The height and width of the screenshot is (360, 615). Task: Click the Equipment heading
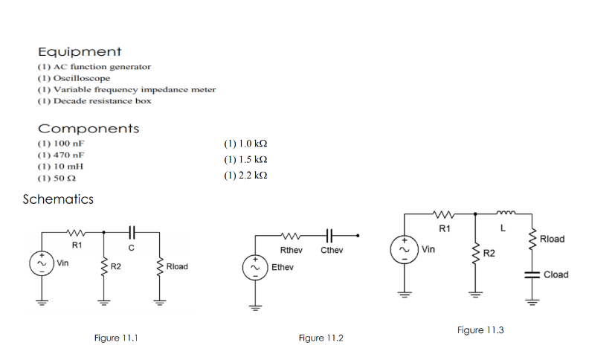tap(80, 52)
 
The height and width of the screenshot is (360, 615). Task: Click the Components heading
tap(88, 129)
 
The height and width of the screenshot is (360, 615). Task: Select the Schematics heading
tap(58, 199)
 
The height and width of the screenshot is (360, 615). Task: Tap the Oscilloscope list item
tap(74, 78)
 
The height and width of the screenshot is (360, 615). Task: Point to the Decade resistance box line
tap(94, 100)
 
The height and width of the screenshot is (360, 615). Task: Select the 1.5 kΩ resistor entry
tap(245, 160)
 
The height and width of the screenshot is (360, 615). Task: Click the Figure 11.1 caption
tap(116, 338)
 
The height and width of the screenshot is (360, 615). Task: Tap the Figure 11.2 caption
tap(321, 338)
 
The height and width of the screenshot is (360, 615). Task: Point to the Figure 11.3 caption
tap(480, 330)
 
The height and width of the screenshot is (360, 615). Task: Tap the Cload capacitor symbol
tap(531, 274)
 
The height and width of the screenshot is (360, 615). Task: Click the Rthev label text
tap(291, 251)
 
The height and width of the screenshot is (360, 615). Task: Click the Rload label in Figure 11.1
tap(177, 266)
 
